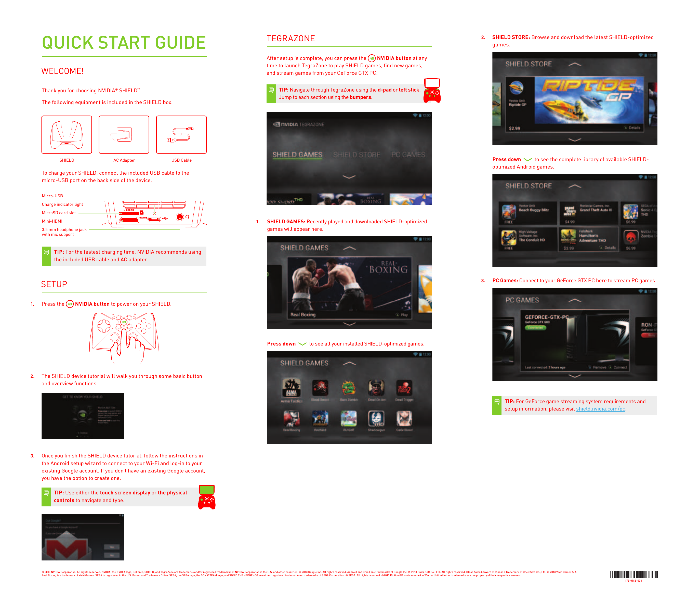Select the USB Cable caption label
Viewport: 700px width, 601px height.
coord(181,160)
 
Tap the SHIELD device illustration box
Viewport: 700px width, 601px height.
coord(67,135)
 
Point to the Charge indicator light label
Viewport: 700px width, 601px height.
coord(62,204)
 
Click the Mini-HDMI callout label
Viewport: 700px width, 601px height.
coord(52,221)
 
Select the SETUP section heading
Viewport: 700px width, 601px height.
coord(54,284)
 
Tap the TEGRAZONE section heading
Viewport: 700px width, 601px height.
coord(290,39)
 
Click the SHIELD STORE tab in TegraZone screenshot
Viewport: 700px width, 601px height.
coord(356,155)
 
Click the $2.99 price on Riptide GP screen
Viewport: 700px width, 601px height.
coord(514,129)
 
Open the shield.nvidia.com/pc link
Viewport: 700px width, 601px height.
coord(600,409)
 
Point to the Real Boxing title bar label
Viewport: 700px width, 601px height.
coord(303,315)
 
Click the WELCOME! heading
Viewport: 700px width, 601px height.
coord(62,71)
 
